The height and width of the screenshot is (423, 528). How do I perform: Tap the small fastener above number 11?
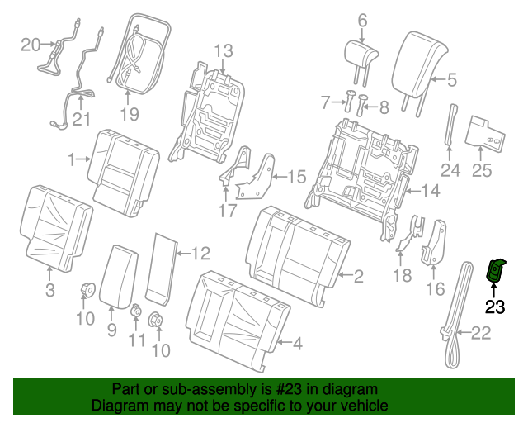click(136, 311)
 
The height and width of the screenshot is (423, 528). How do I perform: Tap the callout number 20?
click(30, 44)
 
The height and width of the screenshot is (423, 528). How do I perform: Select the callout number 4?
click(296, 342)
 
